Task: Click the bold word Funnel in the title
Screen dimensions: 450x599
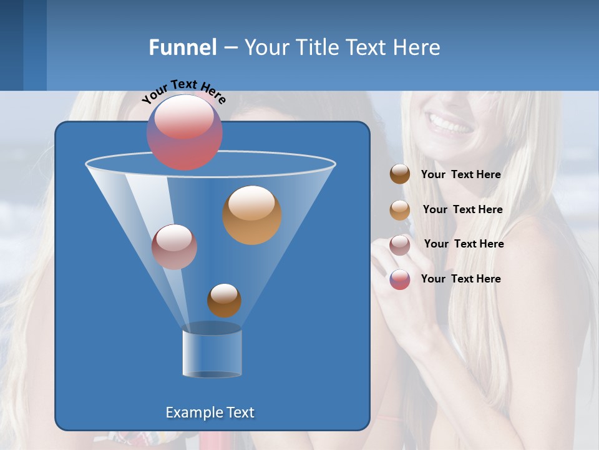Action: (x=182, y=47)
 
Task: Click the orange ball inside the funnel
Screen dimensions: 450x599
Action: (x=252, y=215)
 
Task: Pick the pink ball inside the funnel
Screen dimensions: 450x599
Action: (x=174, y=247)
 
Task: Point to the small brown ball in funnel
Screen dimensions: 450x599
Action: (x=224, y=301)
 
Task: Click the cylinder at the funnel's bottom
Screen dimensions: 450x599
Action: (x=212, y=353)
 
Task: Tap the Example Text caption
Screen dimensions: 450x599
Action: (x=210, y=412)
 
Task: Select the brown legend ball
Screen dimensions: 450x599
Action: (x=400, y=174)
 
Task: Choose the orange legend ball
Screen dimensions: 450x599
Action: (x=400, y=210)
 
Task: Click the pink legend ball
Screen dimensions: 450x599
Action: (x=400, y=245)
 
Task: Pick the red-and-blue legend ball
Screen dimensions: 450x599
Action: (x=400, y=279)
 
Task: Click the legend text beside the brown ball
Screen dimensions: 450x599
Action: (x=460, y=174)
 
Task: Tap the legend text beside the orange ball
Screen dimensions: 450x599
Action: (x=462, y=209)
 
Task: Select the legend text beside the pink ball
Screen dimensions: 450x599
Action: (x=464, y=244)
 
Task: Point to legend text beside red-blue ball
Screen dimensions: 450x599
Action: (x=460, y=279)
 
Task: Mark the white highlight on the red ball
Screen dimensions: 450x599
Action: (x=183, y=117)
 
